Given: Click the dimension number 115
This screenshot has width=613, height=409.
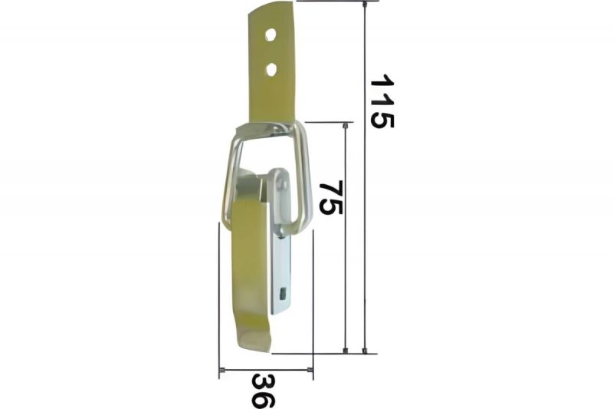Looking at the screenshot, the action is tap(382, 101).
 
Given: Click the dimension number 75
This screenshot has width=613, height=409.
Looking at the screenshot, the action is tap(331, 197).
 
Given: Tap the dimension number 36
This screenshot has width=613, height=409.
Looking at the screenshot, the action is tap(263, 391).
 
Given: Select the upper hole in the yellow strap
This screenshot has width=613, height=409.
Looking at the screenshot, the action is tap(270, 35).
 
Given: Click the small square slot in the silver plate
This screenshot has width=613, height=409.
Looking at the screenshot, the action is tap(283, 292).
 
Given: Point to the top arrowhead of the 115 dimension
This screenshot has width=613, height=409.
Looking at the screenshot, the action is tap(365, 5).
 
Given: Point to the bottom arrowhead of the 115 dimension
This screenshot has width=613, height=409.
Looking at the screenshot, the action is tap(365, 350).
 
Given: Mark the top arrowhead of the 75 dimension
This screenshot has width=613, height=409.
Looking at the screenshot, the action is tap(346, 126).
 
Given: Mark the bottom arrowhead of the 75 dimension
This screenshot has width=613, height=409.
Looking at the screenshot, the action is tap(346, 350).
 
